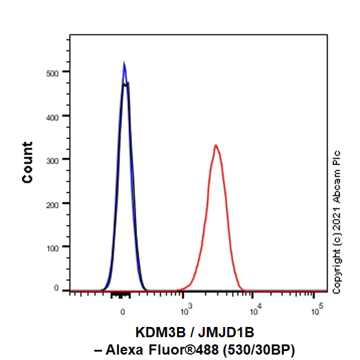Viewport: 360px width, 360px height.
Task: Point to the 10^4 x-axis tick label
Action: (x=256, y=311)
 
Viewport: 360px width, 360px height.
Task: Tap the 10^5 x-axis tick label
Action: (x=317, y=311)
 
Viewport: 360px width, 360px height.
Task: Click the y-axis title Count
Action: (x=28, y=163)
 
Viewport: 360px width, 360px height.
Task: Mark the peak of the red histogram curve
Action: (x=215, y=145)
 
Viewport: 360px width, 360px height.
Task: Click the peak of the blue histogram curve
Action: (x=124, y=63)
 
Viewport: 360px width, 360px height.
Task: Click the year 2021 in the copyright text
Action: (x=337, y=222)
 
